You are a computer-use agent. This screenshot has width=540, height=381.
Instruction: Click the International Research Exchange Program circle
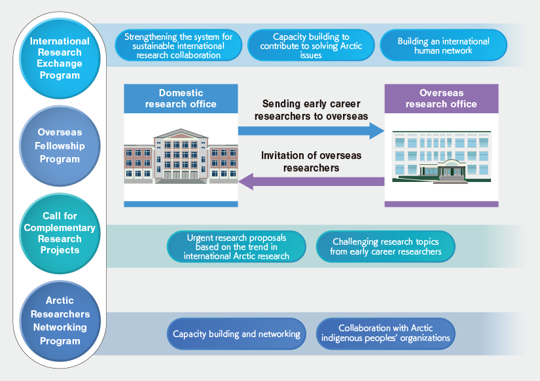60,58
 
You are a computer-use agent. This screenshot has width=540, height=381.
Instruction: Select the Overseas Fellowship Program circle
60,146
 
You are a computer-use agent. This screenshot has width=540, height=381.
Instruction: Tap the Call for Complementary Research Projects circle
60,233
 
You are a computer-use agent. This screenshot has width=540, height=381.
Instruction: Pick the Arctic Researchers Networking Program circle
60,321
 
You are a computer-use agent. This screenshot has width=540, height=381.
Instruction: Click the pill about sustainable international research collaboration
179,45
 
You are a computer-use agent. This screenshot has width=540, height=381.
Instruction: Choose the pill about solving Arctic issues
311,45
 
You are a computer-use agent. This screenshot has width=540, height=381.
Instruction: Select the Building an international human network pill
443,45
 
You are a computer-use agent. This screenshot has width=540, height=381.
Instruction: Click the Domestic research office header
181,98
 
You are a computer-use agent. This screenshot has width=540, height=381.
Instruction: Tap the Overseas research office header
442,98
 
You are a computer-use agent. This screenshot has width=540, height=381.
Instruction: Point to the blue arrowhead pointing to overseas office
377,131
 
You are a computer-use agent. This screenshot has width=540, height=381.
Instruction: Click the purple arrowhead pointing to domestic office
246,181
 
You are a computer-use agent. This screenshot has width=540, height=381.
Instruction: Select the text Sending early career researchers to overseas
312,110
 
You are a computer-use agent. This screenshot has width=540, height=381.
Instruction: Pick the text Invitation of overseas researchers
312,162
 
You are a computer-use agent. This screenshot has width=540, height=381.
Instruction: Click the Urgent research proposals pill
236,247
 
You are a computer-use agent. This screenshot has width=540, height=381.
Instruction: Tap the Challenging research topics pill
386,247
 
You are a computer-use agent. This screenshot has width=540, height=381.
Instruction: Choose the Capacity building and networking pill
236,334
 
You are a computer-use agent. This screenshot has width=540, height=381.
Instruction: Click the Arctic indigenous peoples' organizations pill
386,334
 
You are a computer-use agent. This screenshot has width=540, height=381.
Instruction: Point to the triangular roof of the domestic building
181,134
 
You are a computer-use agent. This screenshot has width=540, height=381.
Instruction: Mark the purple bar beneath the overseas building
442,204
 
